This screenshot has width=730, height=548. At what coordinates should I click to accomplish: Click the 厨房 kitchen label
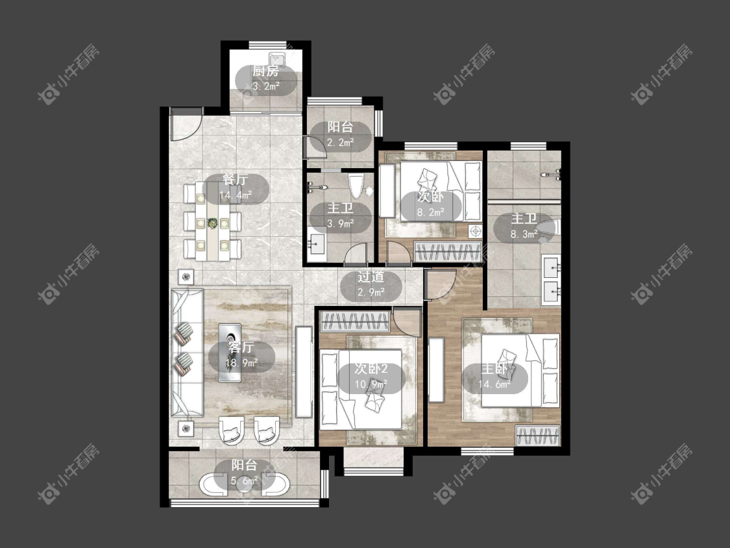click(266, 71)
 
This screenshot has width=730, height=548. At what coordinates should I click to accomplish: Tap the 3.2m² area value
click(266, 86)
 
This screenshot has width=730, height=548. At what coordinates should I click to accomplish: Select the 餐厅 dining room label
click(235, 180)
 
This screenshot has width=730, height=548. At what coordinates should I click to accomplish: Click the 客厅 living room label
click(241, 347)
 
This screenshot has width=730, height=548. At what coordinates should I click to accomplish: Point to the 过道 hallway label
click(371, 277)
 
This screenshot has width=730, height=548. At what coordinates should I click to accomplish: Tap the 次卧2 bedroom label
click(371, 369)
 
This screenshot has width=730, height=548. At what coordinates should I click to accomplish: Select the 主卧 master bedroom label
click(494, 369)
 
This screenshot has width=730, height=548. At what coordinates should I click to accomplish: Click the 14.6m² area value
click(494, 384)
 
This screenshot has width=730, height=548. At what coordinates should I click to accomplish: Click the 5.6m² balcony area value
click(245, 480)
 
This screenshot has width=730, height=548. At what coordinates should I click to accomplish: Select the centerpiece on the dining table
click(212, 223)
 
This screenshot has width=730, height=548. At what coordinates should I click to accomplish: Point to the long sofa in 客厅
click(187, 353)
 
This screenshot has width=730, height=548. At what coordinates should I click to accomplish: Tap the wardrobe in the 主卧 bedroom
click(538, 436)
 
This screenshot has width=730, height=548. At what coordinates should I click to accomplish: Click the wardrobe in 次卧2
click(356, 322)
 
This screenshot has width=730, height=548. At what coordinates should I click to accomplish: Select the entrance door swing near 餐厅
click(186, 124)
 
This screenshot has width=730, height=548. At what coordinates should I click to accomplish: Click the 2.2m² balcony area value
click(340, 143)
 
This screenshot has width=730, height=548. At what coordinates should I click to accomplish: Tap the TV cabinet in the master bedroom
click(436, 370)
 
